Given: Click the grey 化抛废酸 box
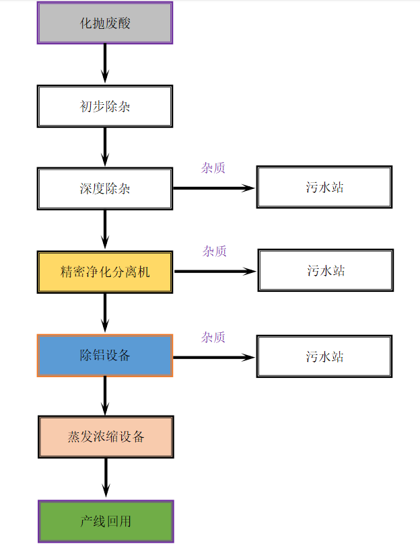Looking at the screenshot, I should point(105,23).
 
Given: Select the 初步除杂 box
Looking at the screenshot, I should point(105,106).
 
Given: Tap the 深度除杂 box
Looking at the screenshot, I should point(105,188).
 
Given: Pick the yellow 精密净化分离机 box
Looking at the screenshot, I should point(105,272).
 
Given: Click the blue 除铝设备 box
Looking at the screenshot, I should point(105,356).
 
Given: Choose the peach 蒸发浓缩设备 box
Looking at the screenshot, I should point(106,437).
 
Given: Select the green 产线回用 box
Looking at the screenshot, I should point(106,521).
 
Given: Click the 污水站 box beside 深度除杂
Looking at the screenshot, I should point(324,188).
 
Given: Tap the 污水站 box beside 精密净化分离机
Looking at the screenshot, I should point(325,270).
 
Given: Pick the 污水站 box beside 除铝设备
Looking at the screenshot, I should point(324,356).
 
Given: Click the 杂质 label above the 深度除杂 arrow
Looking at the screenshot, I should point(213,167).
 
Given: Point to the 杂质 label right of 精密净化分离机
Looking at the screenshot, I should point(215,251).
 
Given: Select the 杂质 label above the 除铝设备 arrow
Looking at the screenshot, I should point(213,337).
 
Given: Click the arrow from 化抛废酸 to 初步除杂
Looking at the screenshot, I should point(105,64).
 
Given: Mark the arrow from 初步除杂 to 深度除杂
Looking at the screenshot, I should point(105,147).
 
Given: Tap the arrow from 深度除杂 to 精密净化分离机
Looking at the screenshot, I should point(105,230).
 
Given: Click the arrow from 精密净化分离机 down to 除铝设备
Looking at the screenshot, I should point(105,313).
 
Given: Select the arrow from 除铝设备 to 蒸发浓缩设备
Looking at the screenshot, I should point(105,396).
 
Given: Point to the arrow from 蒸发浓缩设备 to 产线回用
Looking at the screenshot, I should point(106,479).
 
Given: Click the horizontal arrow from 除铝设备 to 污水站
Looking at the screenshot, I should point(214,357).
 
